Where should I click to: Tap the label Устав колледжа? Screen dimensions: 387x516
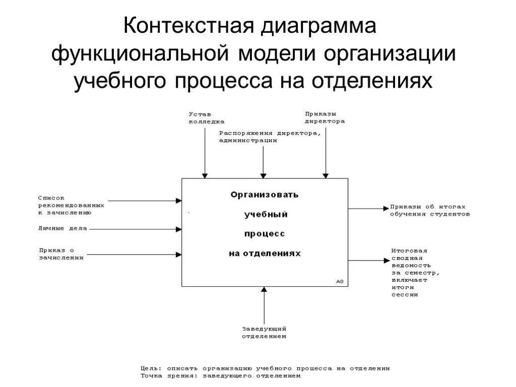click(207, 117)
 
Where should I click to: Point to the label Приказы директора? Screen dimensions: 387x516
click(325, 117)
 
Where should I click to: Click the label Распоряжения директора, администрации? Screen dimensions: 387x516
click(270, 137)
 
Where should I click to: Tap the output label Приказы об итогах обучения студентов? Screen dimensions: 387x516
click(429, 210)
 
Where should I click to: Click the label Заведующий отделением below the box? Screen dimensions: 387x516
click(264, 333)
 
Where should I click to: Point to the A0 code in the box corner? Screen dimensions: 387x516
click(340, 281)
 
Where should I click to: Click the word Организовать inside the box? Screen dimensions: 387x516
click(265, 194)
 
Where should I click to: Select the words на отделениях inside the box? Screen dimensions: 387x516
click(265, 253)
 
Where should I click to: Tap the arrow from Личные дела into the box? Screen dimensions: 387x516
click(136, 229)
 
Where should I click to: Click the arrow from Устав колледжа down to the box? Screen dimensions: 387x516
click(205, 151)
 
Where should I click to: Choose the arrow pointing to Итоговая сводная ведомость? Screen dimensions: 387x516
click(368, 261)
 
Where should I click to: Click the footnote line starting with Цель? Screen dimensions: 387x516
click(265, 368)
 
